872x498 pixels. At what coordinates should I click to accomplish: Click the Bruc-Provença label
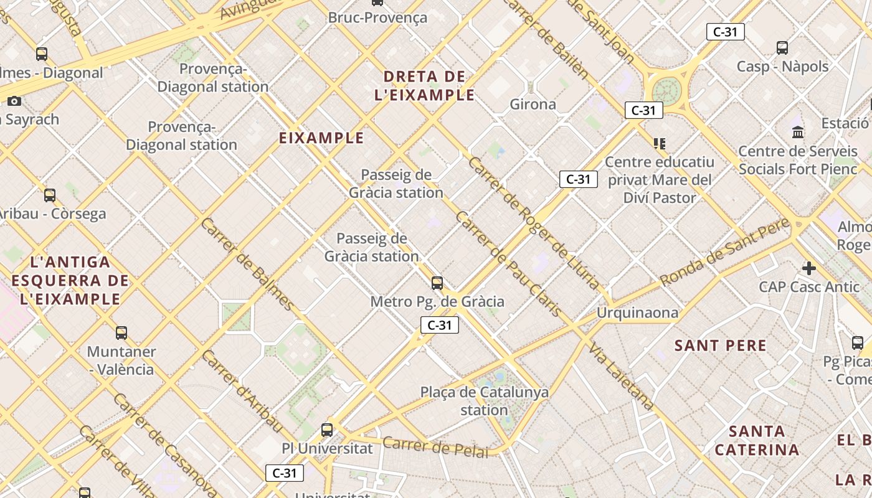click(377, 17)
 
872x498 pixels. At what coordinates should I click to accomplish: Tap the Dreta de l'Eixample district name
click(425, 86)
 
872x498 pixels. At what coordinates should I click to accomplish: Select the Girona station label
click(533, 104)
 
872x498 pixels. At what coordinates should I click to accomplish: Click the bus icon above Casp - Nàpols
click(782, 47)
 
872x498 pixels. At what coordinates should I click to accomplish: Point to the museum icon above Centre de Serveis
click(798, 132)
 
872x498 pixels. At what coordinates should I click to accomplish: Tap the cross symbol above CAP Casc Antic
click(808, 268)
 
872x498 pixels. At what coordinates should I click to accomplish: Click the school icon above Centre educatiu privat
click(660, 144)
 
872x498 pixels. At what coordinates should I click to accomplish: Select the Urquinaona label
click(637, 312)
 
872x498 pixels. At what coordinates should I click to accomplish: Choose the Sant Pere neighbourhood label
click(721, 345)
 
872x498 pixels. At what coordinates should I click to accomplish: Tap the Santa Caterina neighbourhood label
click(757, 440)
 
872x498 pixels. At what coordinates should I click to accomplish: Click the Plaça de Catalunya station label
click(484, 401)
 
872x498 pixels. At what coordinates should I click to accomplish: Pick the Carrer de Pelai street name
click(435, 446)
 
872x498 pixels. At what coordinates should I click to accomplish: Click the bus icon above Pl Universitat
click(327, 430)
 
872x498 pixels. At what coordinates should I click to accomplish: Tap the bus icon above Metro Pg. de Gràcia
click(437, 283)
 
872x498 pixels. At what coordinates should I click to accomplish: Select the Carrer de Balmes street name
click(247, 264)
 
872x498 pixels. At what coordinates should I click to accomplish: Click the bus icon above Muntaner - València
click(121, 333)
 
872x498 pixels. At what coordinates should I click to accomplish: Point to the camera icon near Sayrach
click(14, 101)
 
